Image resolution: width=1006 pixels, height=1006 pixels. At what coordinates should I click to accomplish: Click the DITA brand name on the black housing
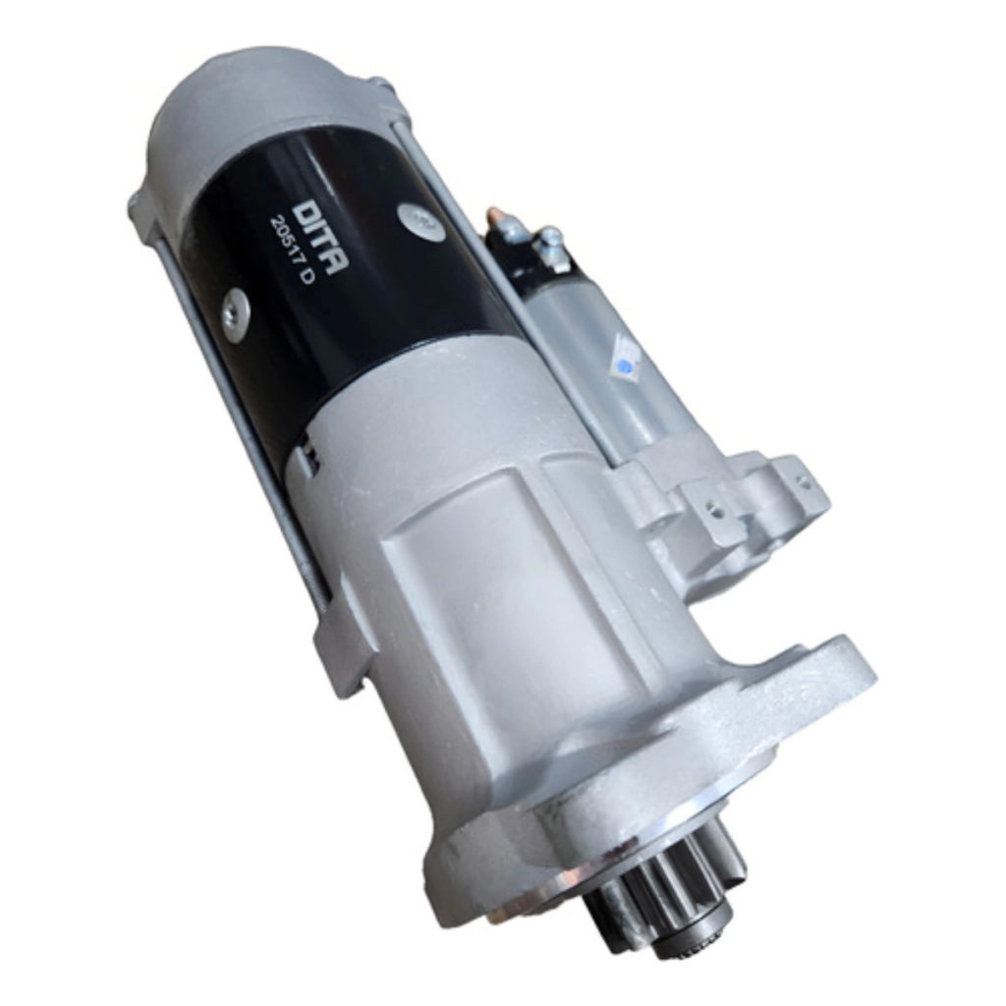(321, 238)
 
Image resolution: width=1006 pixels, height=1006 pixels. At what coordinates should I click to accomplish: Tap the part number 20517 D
(292, 251)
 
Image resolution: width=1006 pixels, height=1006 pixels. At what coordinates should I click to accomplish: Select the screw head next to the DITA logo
(419, 221)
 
